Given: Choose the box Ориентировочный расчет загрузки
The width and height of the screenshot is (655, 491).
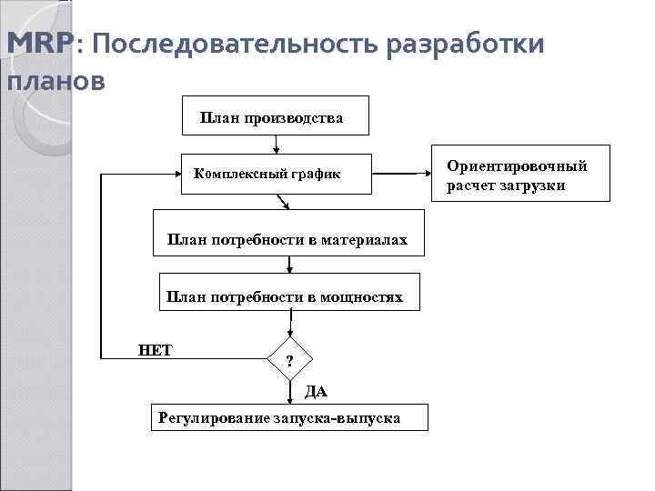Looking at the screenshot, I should point(519,175).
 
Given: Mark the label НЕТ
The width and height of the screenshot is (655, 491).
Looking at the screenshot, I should point(156,349).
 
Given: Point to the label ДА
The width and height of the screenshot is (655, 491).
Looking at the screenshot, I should point(315,392).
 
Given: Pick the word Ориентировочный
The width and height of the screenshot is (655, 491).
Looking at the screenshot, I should point(517,165).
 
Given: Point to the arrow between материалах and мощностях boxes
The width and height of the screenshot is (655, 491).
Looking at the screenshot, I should point(289,265).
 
